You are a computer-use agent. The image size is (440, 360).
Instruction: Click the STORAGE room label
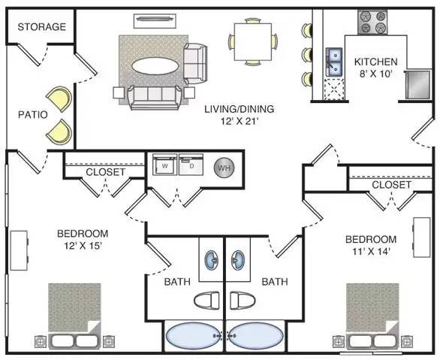pos(42,27)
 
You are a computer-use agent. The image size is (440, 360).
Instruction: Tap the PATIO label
pos(33,115)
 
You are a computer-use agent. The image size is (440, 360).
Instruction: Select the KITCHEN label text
pos(375,62)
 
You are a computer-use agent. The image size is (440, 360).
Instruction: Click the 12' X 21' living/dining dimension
pos(239,122)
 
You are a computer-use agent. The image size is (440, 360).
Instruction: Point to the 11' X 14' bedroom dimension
pos(372,251)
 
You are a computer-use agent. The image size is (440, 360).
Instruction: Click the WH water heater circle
pos(225,168)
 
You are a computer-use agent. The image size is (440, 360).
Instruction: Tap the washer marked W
pos(164,165)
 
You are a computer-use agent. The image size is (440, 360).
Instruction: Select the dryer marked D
pos(191,165)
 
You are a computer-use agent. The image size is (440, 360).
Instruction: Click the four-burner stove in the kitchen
pos(372,23)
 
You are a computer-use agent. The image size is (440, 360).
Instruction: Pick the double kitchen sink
pos(334,62)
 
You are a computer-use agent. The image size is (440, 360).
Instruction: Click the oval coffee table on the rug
pos(155,66)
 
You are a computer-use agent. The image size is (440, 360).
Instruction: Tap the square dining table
pos(253,42)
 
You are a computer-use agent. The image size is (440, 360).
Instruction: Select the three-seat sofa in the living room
pos(155,97)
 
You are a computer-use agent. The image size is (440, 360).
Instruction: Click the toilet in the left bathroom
pos(206,300)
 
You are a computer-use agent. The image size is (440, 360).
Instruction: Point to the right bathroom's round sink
pos(238,260)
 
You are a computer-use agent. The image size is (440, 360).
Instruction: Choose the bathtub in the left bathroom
pos(194,335)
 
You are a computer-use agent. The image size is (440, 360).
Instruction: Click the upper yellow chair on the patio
pos(59,99)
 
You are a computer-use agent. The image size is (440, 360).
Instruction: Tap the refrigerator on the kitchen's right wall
pos(417,84)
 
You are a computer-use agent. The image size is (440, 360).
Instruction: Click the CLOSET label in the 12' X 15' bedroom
pos(106,172)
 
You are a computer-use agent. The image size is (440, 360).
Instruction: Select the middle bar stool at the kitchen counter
pos(307,54)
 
